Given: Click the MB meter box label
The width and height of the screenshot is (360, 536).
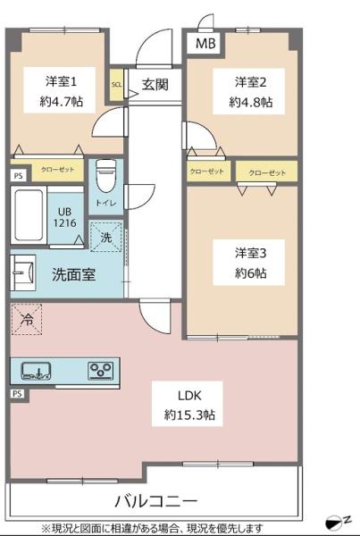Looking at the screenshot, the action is pyautogui.click(x=205, y=44).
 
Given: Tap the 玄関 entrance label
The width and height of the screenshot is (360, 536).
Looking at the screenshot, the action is pyautogui.click(x=155, y=84).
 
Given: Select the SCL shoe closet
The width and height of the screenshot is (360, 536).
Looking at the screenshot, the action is pyautogui.click(x=116, y=85).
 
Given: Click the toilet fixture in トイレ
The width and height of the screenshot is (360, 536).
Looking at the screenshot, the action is pyautogui.click(x=105, y=176).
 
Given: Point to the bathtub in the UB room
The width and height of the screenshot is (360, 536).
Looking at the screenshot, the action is pyautogui.click(x=29, y=215).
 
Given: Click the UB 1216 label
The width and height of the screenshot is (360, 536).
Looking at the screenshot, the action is pyautogui.click(x=64, y=217).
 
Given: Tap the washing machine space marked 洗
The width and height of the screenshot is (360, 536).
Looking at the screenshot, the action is pyautogui.click(x=106, y=237).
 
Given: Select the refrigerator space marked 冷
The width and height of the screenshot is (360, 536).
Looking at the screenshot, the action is pyautogui.click(x=27, y=319).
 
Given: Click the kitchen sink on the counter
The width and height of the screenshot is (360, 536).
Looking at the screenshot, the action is pyautogui.click(x=37, y=371).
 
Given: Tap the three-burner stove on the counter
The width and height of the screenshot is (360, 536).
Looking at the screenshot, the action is pyautogui.click(x=101, y=371).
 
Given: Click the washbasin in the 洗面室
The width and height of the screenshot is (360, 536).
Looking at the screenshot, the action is pyautogui.click(x=23, y=272).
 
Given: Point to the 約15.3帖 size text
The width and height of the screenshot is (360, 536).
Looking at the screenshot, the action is pyautogui.click(x=189, y=415).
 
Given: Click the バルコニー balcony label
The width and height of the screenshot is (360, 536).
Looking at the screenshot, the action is pyautogui.click(x=156, y=502).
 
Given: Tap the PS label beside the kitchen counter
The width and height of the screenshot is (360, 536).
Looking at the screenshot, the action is pyautogui.click(x=17, y=394).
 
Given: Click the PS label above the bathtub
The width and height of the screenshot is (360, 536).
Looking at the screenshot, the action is pyautogui.click(x=18, y=176).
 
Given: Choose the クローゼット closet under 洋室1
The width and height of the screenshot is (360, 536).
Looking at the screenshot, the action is pyautogui.click(x=57, y=170).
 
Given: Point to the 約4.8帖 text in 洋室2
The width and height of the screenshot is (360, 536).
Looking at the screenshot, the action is pyautogui.click(x=251, y=102).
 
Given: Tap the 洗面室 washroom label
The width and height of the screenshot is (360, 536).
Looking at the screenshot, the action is pyautogui.click(x=73, y=274).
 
